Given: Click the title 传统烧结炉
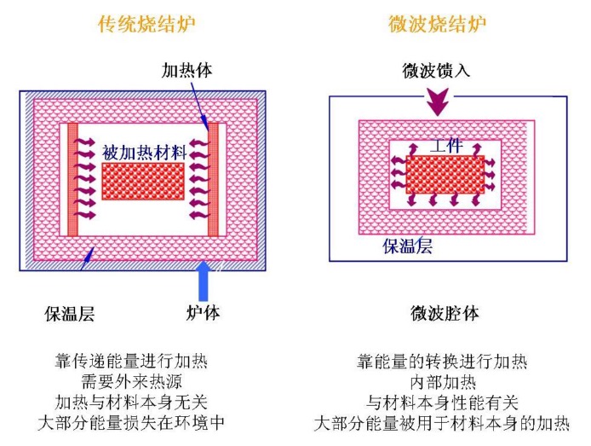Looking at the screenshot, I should [x=146, y=24].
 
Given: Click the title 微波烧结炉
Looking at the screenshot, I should [x=442, y=24].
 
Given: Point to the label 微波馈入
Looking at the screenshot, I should [x=437, y=69].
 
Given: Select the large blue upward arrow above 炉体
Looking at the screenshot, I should [x=203, y=281].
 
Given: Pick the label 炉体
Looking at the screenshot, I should [x=203, y=313].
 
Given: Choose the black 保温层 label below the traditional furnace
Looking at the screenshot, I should [x=70, y=313].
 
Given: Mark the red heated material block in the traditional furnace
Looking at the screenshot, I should [x=142, y=181].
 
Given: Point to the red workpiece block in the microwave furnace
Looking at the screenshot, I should [x=445, y=174].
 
